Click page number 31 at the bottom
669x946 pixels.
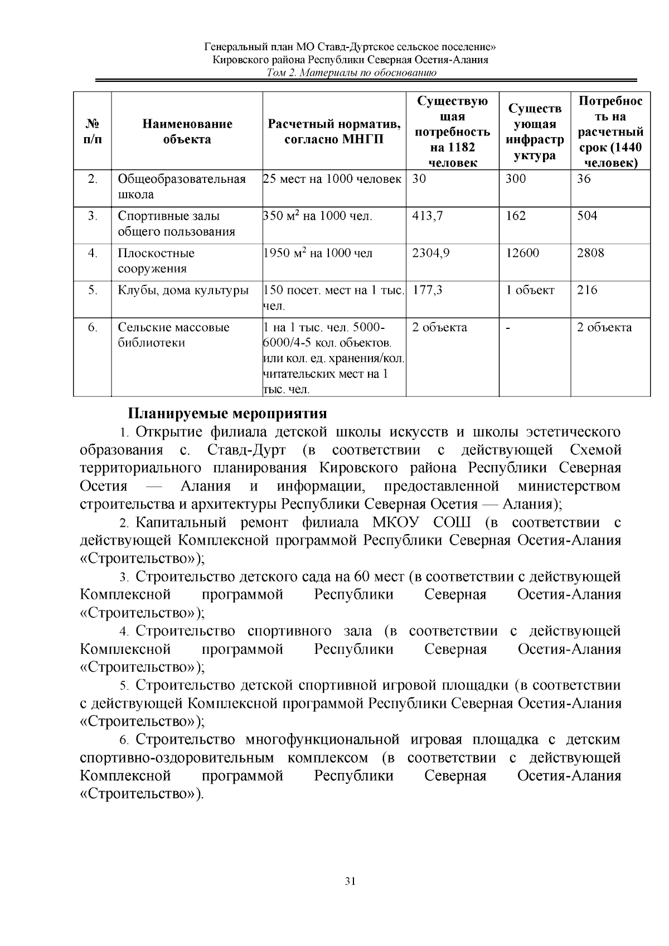pos(350,881)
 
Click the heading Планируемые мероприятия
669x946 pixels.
pos(227,414)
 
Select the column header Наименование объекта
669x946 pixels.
pos(187,132)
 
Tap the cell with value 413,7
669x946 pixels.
pos(428,216)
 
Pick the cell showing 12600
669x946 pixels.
pos(522,253)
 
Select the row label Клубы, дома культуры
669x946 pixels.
pos(183,290)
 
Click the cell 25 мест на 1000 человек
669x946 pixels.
pos(332,179)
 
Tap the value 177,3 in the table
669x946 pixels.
pos(427,290)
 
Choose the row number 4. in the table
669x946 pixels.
pos(93,253)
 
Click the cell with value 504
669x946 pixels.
pos(587,216)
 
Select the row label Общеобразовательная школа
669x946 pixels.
pos(182,187)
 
